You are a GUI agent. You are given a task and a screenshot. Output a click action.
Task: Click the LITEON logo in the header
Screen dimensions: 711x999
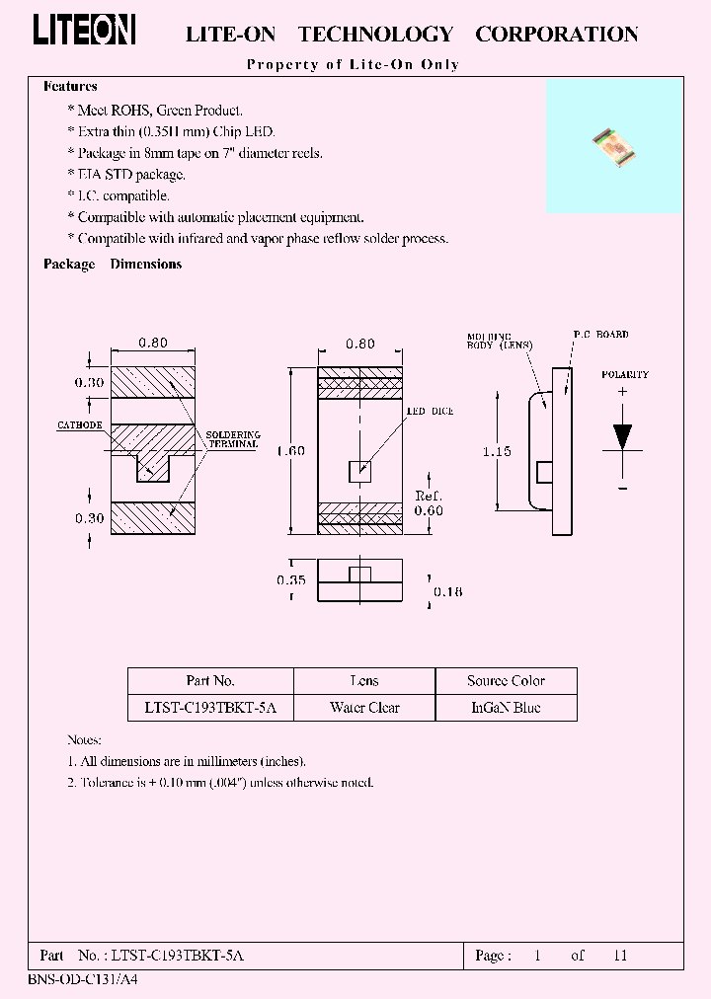tap(84, 30)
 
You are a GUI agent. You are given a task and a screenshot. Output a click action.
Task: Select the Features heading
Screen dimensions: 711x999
tap(70, 87)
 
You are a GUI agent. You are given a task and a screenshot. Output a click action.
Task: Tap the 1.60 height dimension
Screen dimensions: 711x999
tap(290, 451)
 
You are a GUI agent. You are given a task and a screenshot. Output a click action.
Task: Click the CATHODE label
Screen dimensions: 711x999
tap(79, 425)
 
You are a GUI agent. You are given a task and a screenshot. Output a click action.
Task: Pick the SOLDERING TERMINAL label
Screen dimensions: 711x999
tap(232, 439)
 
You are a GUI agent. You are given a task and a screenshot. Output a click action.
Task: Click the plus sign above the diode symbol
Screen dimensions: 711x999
tap(622, 392)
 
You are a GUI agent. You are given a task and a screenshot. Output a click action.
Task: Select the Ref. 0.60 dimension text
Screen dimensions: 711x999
tap(429, 502)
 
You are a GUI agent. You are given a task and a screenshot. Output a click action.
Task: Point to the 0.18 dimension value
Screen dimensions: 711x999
tap(447, 591)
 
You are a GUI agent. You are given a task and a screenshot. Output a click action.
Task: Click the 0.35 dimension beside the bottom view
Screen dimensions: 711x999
tap(290, 581)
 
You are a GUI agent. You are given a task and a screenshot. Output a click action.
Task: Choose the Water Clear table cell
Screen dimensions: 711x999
tap(364, 708)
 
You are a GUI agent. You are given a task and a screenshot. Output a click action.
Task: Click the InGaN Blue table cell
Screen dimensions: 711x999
tap(506, 708)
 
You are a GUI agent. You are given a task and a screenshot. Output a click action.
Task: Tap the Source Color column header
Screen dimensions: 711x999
tap(506, 681)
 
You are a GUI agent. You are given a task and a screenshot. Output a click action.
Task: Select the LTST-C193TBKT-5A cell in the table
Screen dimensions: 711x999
tap(210, 708)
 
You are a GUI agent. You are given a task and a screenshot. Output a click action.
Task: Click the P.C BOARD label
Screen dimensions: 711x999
tap(600, 335)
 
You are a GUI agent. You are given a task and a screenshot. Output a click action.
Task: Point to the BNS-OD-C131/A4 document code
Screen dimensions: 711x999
tap(62, 984)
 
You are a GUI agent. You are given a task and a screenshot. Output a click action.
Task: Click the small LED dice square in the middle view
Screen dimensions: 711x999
tap(360, 471)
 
